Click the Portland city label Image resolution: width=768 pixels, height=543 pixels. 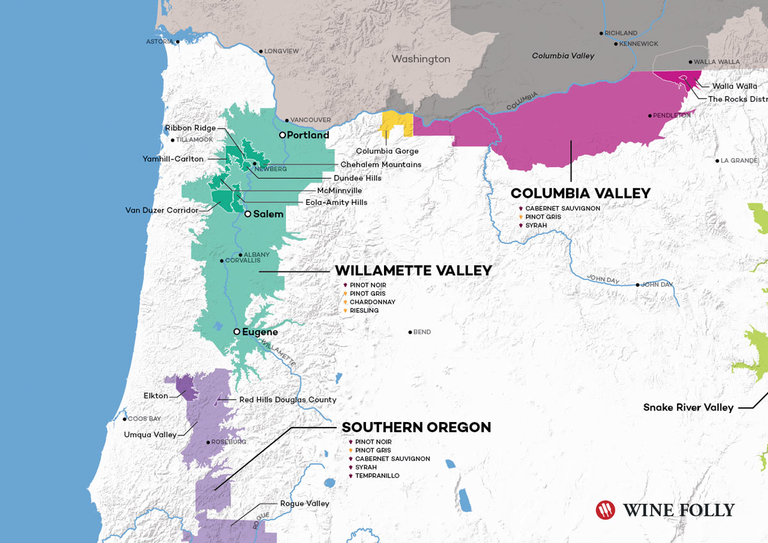308,135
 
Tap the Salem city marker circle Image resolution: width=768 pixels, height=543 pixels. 248,214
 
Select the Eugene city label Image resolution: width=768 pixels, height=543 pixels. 260,332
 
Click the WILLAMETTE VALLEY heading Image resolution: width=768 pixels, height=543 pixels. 413,271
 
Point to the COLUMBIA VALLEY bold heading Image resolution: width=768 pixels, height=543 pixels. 580,193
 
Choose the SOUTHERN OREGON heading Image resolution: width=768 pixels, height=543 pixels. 417,427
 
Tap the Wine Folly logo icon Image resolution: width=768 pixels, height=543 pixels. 605,510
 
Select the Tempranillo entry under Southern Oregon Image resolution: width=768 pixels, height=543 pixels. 378,476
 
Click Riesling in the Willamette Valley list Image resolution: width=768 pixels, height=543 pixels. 364,311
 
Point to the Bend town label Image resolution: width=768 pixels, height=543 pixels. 422,332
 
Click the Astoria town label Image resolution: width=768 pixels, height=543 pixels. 159,42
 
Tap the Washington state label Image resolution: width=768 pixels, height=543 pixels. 421,59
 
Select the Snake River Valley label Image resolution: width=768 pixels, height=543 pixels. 688,407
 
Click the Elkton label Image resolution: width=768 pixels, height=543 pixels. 156,396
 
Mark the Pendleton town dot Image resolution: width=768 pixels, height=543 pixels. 650,116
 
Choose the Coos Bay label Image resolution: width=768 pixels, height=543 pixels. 144,419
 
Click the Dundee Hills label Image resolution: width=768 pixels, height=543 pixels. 357,178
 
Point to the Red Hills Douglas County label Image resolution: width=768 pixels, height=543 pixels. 287,400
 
